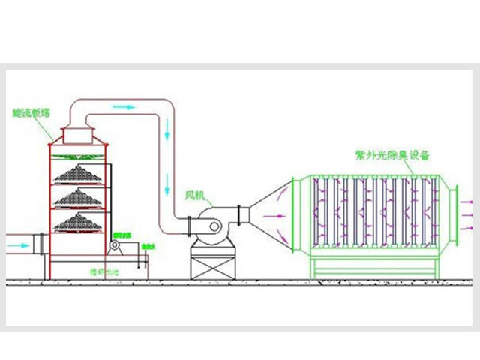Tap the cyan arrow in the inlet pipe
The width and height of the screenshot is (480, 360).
pyautogui.click(x=16, y=244)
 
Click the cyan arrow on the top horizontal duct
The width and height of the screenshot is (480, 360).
pyautogui.click(x=124, y=107)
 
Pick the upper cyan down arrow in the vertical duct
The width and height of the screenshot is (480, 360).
pyautogui.click(x=167, y=138)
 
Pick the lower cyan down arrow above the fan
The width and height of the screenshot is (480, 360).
pyautogui.click(x=167, y=183)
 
